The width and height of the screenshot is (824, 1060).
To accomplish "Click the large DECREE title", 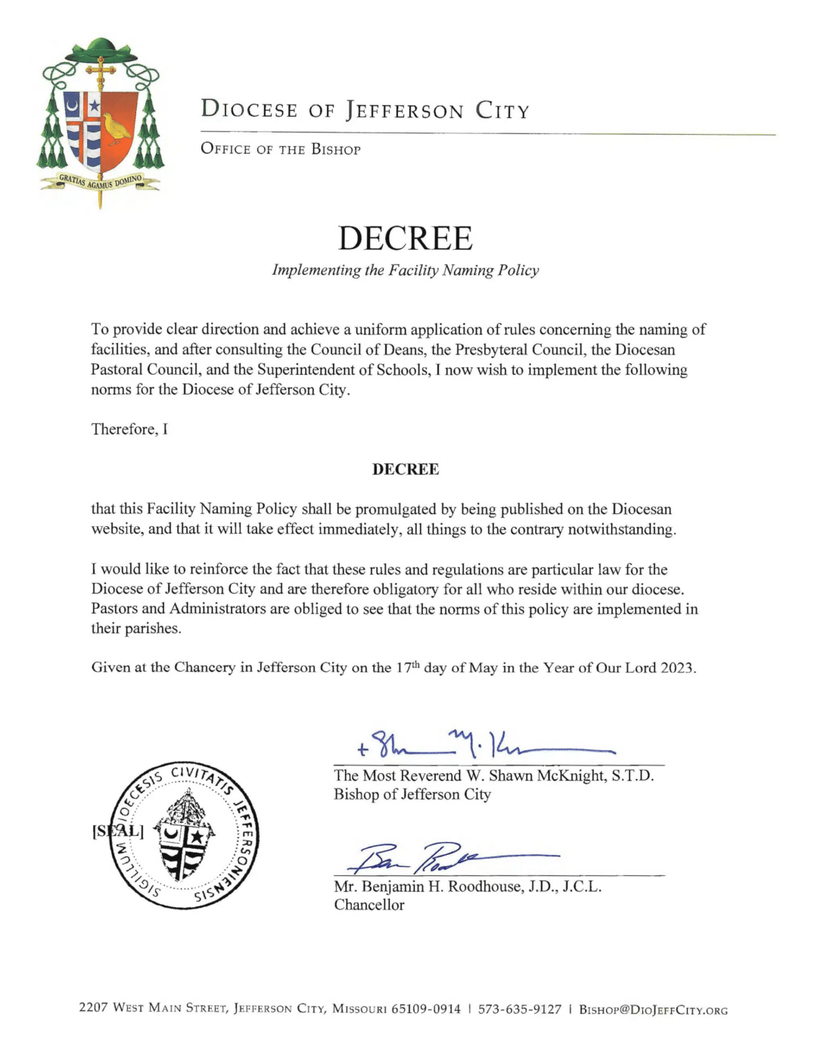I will point(405,238).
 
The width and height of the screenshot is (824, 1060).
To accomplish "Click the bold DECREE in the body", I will point(406,469).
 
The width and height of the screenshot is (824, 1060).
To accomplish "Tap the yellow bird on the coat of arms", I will point(117,128).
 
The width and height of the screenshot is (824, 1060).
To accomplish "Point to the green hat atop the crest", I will point(100,51).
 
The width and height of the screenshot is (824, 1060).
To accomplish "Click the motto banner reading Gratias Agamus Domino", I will point(100,182).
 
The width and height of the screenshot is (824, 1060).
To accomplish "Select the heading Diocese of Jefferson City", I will point(365,110).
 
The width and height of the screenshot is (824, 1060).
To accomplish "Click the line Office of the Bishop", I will point(280,149).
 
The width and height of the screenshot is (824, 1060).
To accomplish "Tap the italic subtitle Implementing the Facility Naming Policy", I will point(406,270).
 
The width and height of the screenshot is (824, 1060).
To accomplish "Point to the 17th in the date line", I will point(408,667).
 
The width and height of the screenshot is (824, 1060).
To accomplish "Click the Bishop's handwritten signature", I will point(484,744).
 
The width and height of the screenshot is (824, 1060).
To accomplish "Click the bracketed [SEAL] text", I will point(117,831).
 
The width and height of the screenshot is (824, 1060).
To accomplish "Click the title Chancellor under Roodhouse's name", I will point(369,905).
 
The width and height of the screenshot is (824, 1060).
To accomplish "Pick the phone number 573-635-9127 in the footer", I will point(520,1009).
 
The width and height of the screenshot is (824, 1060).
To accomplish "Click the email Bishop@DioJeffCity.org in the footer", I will point(653,1010).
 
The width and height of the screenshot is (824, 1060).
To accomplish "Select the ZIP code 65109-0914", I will point(425,1009).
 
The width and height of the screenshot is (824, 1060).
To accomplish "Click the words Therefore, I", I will point(129,429).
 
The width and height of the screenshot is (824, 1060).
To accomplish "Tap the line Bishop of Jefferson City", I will point(412,794).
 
